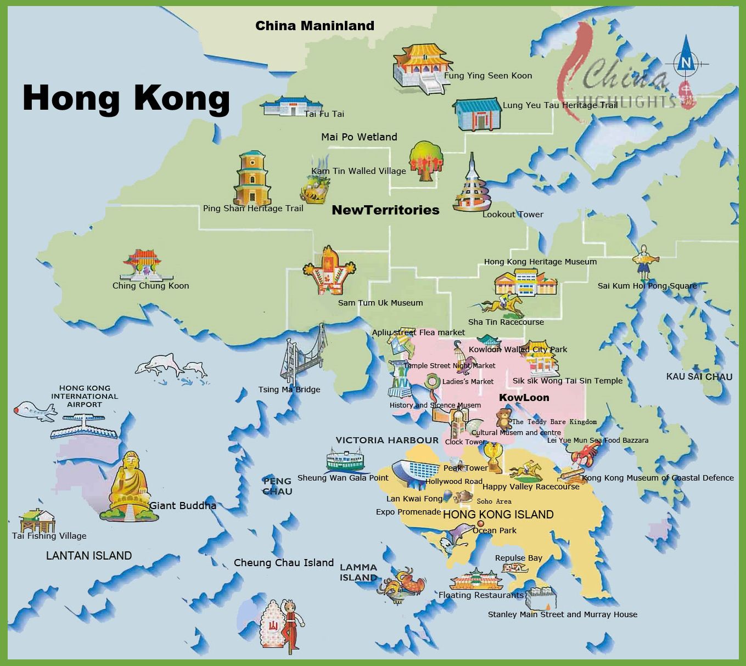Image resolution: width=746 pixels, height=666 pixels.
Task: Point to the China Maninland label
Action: (x=315, y=26)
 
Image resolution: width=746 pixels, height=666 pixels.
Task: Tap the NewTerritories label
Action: (x=385, y=210)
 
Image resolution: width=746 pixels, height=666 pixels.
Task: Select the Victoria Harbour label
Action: (x=387, y=440)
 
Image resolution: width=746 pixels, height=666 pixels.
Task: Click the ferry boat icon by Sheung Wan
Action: (x=345, y=460)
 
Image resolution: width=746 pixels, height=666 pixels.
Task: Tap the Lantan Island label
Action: (x=89, y=556)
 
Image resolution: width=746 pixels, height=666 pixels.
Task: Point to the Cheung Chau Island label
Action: (x=284, y=563)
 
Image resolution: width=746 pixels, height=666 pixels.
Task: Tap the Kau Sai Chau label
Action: (x=699, y=377)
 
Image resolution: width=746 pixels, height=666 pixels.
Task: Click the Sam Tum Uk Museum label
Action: (x=380, y=303)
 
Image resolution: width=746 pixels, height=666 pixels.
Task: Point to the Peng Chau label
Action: (x=277, y=487)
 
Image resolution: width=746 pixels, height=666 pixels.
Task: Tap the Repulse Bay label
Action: (x=518, y=558)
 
